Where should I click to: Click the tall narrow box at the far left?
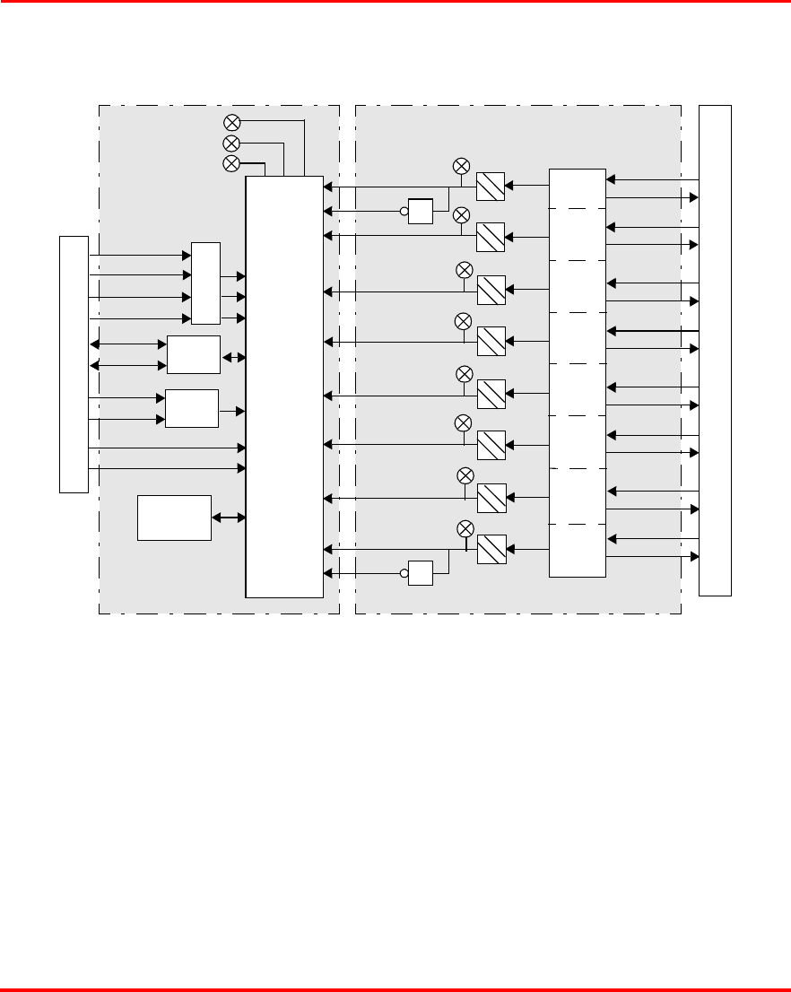click(x=74, y=364)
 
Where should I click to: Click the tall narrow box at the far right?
click(x=715, y=350)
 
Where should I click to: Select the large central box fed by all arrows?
click(x=284, y=386)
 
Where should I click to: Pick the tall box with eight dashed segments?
click(x=578, y=372)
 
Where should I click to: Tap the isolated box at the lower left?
click(x=174, y=518)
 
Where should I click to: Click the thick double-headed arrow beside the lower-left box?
click(x=228, y=518)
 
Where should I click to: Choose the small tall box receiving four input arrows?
click(x=205, y=283)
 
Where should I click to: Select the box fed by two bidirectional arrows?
click(x=194, y=355)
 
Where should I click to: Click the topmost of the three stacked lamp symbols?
click(x=230, y=122)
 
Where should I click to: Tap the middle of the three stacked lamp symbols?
click(x=230, y=144)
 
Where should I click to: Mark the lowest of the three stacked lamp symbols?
click(x=230, y=163)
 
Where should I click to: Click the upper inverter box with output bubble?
click(x=421, y=212)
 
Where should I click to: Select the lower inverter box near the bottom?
click(x=421, y=573)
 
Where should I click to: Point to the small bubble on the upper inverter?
click(x=404, y=212)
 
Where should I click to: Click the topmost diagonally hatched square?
click(x=491, y=186)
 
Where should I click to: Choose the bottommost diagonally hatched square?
click(x=491, y=549)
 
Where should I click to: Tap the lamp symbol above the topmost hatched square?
click(x=461, y=166)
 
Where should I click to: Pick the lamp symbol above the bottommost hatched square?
click(x=465, y=527)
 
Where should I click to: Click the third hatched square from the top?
click(x=491, y=290)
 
